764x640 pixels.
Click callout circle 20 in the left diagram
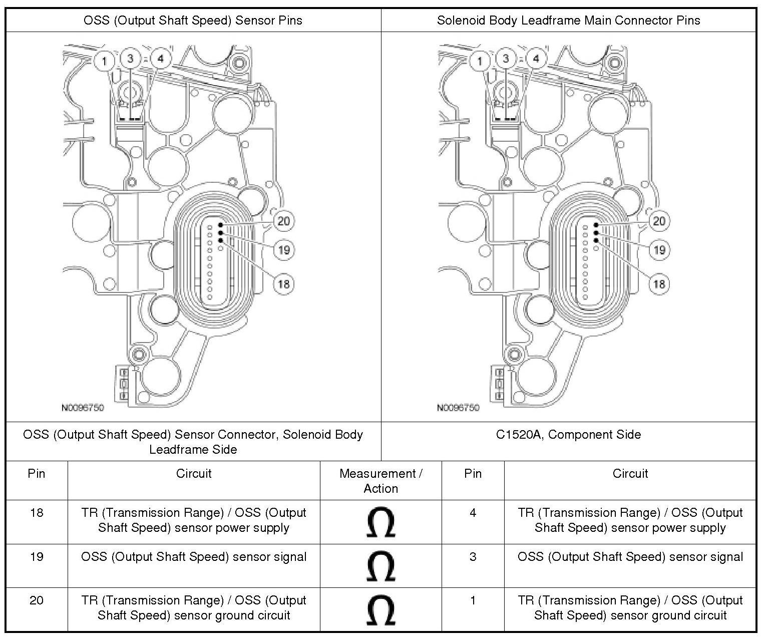[283, 221]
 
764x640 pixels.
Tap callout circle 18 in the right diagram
[659, 284]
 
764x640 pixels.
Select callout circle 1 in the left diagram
[104, 61]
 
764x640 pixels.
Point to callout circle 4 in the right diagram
[536, 59]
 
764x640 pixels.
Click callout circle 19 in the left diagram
[284, 249]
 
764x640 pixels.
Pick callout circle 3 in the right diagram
[506, 59]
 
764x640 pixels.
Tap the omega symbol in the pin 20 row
[380, 609]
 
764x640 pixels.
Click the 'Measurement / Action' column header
[380, 481]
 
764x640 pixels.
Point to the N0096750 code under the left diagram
[83, 408]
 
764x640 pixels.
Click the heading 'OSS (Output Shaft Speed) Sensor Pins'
[193, 21]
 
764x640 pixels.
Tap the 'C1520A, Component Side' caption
[568, 435]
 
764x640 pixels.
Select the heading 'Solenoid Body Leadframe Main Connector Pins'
[568, 21]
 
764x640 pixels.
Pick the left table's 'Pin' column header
[37, 474]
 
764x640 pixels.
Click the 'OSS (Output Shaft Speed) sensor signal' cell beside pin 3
[630, 557]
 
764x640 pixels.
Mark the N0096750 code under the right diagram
[458, 408]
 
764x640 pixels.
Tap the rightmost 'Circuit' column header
[630, 474]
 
